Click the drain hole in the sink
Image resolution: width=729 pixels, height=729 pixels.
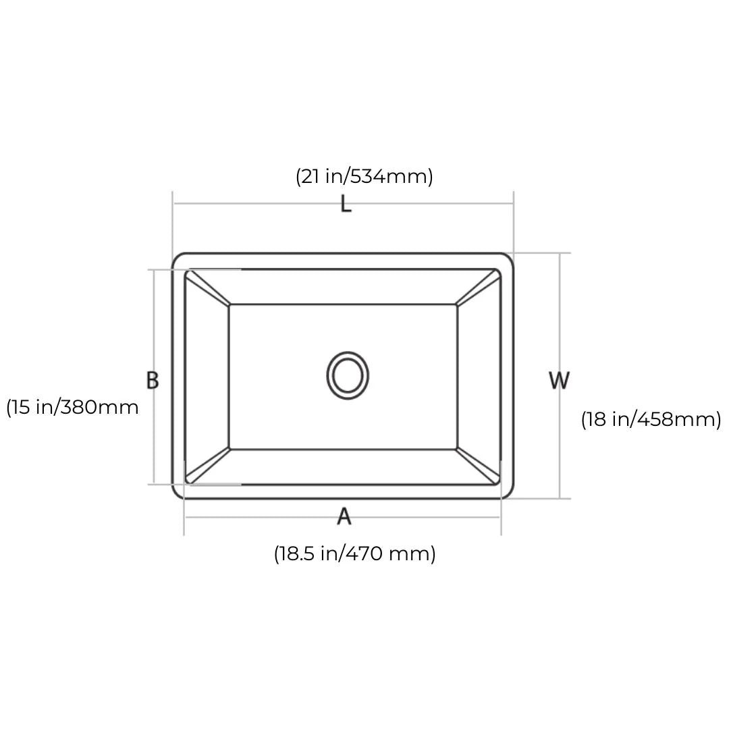point(348,375)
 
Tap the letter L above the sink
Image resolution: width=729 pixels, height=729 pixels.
point(346,204)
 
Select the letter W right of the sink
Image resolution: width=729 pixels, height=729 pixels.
point(559,380)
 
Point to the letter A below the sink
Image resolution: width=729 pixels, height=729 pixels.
point(344,516)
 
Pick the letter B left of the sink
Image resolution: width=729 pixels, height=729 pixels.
point(153,380)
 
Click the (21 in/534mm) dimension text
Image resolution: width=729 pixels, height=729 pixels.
point(364,177)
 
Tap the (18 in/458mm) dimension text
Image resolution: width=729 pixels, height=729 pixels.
point(651,419)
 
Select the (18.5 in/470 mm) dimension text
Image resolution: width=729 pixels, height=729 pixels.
point(355,553)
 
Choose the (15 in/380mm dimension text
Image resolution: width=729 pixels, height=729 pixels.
point(72,407)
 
